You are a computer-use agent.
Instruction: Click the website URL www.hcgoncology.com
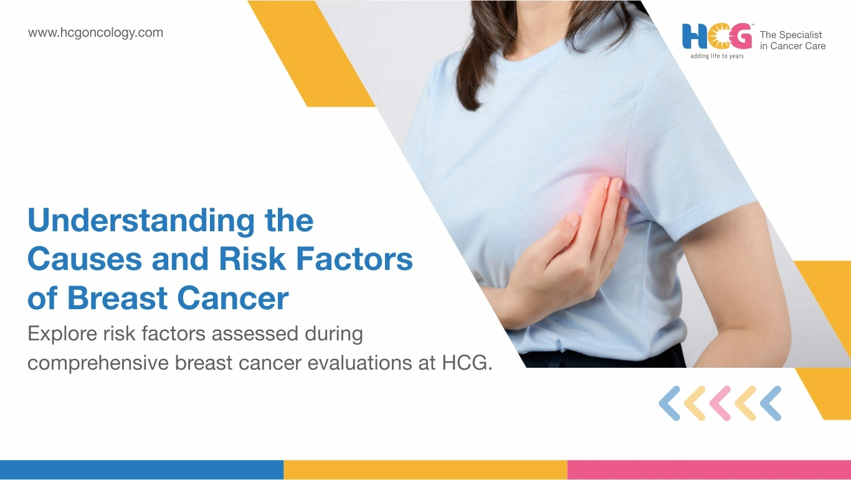[x=95, y=32]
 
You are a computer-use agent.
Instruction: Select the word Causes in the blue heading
[x=85, y=259]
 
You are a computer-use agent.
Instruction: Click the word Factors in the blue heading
[x=354, y=259]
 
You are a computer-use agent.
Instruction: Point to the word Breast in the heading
[x=117, y=298]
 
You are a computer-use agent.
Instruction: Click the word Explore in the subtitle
[x=62, y=334]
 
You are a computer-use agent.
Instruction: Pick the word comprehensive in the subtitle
[x=98, y=363]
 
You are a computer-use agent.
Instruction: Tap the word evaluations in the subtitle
[x=359, y=363]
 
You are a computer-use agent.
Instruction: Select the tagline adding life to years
[x=717, y=56]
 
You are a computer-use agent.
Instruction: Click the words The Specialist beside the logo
[x=791, y=35]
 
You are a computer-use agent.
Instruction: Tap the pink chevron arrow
[x=720, y=403]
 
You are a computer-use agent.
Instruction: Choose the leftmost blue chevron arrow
[x=670, y=403]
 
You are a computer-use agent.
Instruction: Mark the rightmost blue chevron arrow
[x=771, y=403]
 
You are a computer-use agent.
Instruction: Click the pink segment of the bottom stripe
[x=709, y=470]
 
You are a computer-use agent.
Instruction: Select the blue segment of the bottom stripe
[x=141, y=470]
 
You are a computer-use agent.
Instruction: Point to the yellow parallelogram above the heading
[x=311, y=54]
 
